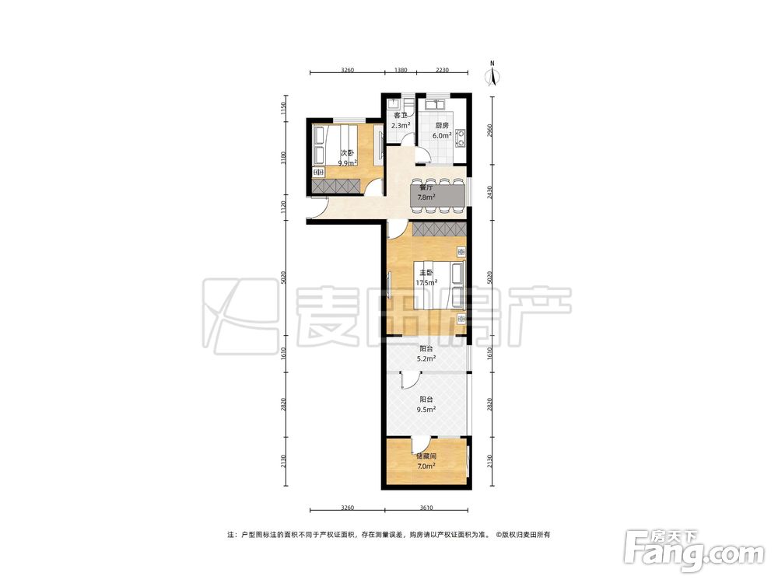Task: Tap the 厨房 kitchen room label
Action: [442, 125]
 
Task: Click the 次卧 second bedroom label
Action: [347, 153]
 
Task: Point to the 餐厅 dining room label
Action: [426, 188]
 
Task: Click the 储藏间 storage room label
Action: [426, 456]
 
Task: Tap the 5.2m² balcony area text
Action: [426, 358]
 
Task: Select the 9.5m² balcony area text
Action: [426, 409]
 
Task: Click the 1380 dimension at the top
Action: [401, 70]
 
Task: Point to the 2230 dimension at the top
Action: [442, 70]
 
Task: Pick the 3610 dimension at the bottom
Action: [426, 507]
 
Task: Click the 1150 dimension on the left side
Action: [283, 108]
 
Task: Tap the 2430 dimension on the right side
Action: [489, 192]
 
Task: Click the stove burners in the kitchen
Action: [461, 138]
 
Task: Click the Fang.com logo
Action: [694, 550]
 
